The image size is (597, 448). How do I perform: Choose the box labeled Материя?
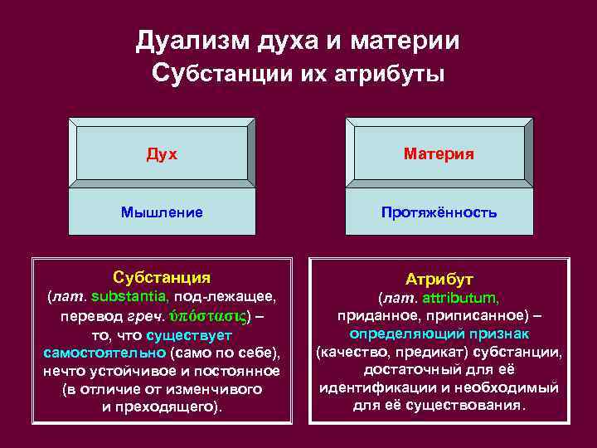(439, 153)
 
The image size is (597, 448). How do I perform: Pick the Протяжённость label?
(439, 212)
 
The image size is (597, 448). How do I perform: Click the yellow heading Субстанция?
(161, 277)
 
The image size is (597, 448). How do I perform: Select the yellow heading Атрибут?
(439, 280)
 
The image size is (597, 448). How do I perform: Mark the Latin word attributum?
(460, 298)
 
